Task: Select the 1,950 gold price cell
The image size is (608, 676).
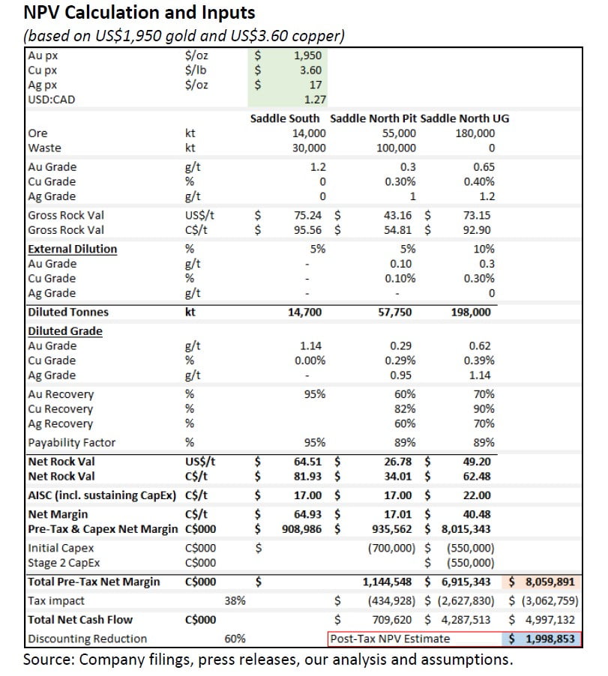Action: tap(309, 55)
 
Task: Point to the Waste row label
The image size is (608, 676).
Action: tap(45, 148)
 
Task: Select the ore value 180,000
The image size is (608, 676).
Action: tap(475, 133)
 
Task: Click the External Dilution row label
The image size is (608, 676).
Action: tap(72, 249)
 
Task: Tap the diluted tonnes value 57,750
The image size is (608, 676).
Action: tap(395, 313)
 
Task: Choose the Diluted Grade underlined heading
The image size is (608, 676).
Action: tap(65, 331)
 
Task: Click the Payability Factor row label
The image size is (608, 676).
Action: tap(71, 442)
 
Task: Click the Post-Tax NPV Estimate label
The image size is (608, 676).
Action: tap(390, 639)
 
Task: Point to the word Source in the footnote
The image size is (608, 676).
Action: tap(45, 660)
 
